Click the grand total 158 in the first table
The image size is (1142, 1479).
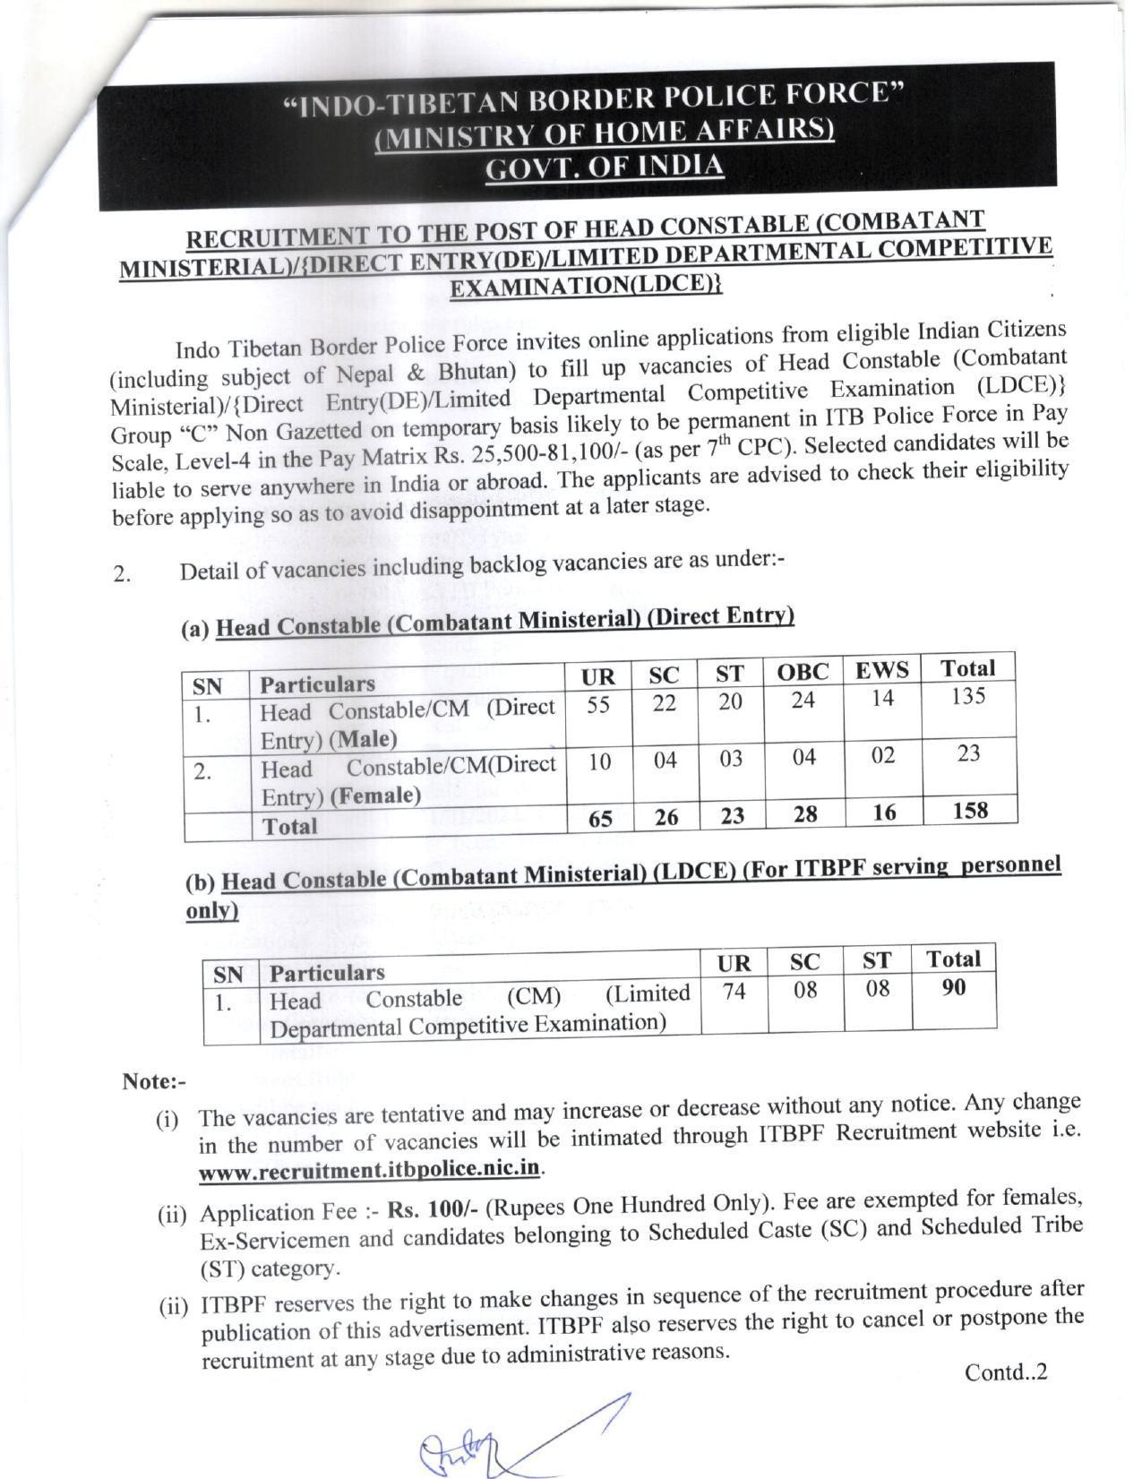pos(970,811)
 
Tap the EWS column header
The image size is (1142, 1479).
pos(881,670)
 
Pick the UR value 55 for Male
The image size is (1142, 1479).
pos(598,705)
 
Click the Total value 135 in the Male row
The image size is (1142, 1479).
pos(967,696)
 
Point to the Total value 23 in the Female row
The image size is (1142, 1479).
pos(968,753)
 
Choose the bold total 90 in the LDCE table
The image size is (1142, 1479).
pos(954,987)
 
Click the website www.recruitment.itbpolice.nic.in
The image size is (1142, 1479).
pos(371,1170)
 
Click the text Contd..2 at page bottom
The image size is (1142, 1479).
pos(1005,1372)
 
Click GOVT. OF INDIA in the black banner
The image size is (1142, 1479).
pos(605,167)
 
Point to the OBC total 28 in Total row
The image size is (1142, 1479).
pos(804,814)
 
